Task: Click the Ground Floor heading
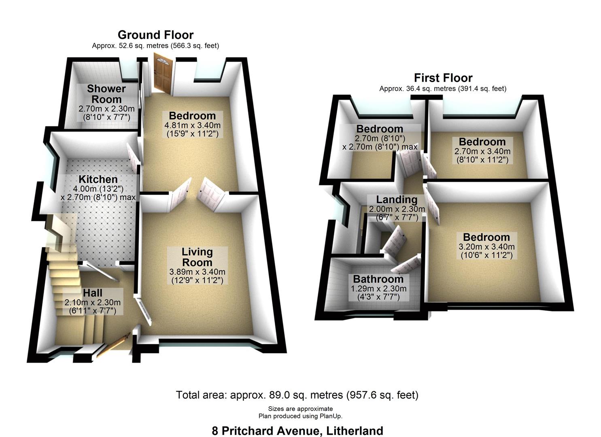click(x=155, y=35)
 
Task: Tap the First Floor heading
click(x=443, y=78)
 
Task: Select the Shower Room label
click(x=106, y=94)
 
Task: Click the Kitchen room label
click(x=98, y=179)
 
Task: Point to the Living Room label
click(x=197, y=257)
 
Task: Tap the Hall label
click(x=93, y=293)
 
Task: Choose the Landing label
click(x=397, y=199)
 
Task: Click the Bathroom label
click(x=378, y=279)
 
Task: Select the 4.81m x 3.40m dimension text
click(x=193, y=125)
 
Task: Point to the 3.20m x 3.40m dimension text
click(x=486, y=247)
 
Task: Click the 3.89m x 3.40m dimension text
click(x=197, y=272)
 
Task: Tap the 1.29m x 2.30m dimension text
click(x=378, y=289)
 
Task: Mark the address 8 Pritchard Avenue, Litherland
click(x=297, y=431)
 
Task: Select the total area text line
click(x=297, y=395)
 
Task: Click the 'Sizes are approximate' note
click(x=300, y=409)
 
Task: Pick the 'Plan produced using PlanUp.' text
click(x=300, y=416)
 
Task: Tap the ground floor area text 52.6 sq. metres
click(x=155, y=46)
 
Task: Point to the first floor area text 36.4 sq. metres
click(x=443, y=89)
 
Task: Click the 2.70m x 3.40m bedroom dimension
click(x=482, y=152)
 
